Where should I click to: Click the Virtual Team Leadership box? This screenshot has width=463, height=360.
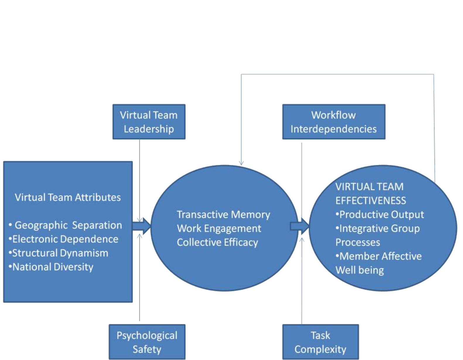point(149,122)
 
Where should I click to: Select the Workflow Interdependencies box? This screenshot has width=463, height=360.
point(334,122)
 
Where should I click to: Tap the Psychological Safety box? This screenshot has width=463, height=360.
point(147,342)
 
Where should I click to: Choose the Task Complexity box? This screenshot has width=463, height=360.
point(320,342)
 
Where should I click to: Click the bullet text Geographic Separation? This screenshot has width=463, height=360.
point(68,225)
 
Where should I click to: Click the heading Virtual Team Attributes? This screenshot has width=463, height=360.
point(68,197)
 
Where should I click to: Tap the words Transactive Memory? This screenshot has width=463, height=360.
point(223,215)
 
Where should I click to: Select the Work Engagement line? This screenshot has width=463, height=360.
point(219,228)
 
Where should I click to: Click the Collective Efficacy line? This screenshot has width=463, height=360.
point(217,242)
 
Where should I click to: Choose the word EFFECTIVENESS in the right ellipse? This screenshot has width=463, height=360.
point(371,201)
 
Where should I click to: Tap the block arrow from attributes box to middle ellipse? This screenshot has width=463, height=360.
point(141,226)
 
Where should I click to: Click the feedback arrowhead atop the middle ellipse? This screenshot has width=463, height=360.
point(241,163)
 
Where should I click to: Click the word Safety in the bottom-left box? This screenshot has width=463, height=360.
point(147,349)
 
